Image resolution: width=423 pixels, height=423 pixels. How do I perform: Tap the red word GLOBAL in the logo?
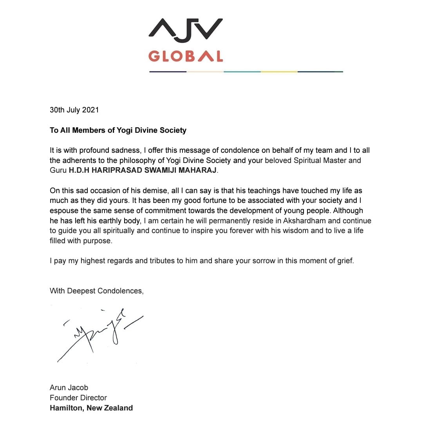coord(186,56)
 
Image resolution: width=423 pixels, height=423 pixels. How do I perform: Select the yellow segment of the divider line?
coord(279,72)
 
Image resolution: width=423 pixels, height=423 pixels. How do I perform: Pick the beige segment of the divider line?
coord(205,72)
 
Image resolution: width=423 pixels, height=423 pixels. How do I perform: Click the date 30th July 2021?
coord(74,110)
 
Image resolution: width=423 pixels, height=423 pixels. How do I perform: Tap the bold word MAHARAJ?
coord(197,171)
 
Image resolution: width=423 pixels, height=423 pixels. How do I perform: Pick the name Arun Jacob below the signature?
coord(69,388)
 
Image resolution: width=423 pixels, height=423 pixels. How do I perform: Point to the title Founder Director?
coord(78,398)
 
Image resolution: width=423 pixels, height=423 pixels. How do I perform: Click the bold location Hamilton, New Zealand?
coord(91,408)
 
